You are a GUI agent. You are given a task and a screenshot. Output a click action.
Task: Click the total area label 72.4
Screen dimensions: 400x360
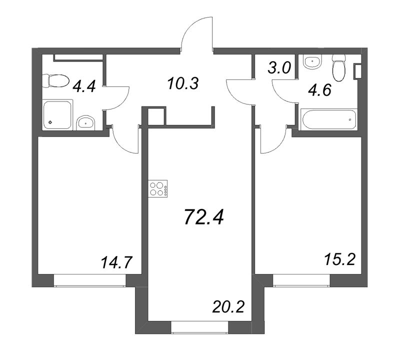pyautogui.click(x=204, y=217)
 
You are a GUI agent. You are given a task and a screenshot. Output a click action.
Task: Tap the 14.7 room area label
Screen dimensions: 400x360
pyautogui.click(x=116, y=262)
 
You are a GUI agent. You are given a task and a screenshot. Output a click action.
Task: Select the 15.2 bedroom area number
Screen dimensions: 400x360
pyautogui.click(x=339, y=259)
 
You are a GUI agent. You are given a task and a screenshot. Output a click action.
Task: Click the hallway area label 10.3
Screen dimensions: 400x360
pyautogui.click(x=183, y=83)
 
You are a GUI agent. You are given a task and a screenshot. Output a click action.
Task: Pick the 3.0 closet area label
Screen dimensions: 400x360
pyautogui.click(x=279, y=68)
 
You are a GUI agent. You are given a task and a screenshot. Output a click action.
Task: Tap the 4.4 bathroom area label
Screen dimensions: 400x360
pyautogui.click(x=84, y=86)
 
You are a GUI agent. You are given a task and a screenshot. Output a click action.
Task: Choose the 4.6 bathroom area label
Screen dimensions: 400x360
pyautogui.click(x=319, y=90)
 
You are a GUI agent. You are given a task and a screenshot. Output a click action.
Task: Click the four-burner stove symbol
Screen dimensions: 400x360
pyautogui.click(x=158, y=188)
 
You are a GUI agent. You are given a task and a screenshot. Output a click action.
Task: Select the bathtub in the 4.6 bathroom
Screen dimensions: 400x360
pyautogui.click(x=329, y=119)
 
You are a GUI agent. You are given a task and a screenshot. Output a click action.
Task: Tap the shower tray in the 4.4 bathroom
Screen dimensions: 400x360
pyautogui.click(x=57, y=114)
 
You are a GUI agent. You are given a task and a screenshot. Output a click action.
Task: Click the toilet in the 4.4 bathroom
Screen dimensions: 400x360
pyautogui.click(x=55, y=81)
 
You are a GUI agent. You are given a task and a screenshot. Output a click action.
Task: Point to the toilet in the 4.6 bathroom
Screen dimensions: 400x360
pyautogui.click(x=339, y=68)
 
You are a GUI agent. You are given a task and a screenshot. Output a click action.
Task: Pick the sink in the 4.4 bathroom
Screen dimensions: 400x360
pyautogui.click(x=85, y=123)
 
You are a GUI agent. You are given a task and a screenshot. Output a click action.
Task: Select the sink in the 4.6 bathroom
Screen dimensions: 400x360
pyautogui.click(x=312, y=61)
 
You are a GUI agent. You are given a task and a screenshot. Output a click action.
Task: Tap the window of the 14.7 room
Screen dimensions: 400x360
pyautogui.click(x=90, y=280)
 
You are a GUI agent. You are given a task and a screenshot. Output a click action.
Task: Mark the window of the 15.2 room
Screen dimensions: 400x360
pyautogui.click(x=301, y=280)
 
